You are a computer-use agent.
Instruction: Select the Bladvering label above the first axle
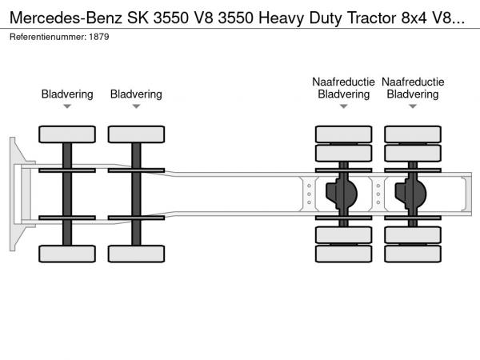[x=67, y=94]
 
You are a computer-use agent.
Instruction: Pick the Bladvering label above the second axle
[x=136, y=94]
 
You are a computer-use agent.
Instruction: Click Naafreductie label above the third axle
[x=344, y=82]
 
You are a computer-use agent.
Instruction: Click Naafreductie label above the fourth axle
[x=413, y=82]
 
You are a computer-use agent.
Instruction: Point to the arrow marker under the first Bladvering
[x=67, y=106]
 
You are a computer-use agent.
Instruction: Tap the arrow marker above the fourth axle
[x=413, y=106]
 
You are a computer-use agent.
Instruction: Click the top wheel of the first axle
[x=67, y=134]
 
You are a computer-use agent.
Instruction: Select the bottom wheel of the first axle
[x=67, y=254]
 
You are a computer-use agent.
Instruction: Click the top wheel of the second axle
[x=136, y=134]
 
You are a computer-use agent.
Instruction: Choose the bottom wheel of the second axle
[x=136, y=254]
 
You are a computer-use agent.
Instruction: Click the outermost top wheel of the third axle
[x=343, y=134]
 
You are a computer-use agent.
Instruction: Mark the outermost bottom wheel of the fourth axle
[x=413, y=254]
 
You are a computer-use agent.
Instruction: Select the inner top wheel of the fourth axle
[x=413, y=153]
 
